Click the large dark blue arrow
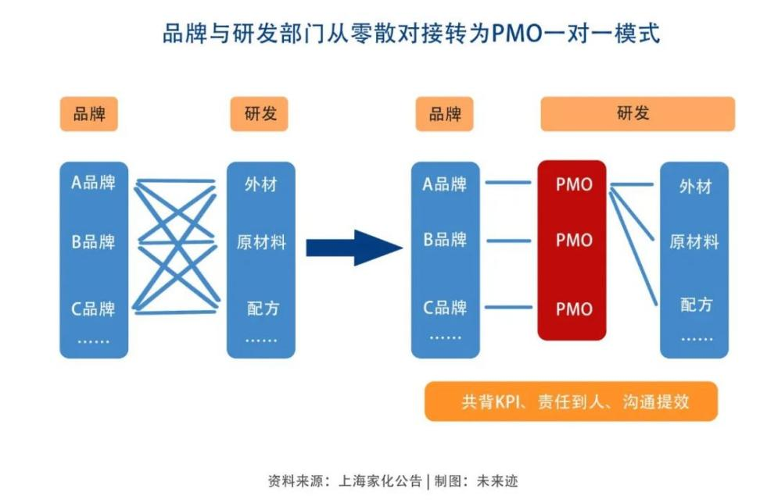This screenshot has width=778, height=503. coord(353,248)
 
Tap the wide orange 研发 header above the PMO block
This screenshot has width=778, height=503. coord(637,113)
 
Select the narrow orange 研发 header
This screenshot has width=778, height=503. coord(259,114)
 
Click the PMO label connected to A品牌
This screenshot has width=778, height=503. coord(574,185)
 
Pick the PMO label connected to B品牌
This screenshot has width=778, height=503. coord(574,241)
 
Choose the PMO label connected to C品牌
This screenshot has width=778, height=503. coord(574,309)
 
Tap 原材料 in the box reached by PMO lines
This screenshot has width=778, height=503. coord(694,242)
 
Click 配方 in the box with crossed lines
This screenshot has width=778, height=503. coord(262,309)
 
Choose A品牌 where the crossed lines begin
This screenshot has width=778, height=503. coord(94,183)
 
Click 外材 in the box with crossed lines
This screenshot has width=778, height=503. coord(260,185)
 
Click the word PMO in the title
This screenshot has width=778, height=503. coord(515,34)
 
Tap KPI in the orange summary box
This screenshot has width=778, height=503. coord(511,402)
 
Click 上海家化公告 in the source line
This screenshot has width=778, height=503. coord(382,481)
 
